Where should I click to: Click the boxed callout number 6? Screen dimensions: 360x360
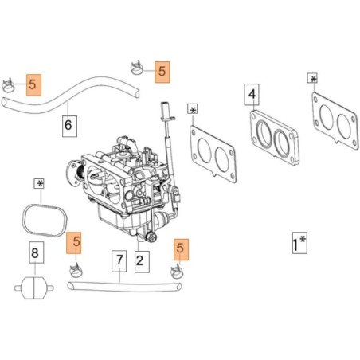(x=69, y=126)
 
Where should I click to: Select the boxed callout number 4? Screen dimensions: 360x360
(x=252, y=95)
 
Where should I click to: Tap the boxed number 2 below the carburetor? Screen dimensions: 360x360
(x=142, y=262)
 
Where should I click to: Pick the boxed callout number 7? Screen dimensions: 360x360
(x=119, y=261)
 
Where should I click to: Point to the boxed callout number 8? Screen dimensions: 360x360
(x=37, y=252)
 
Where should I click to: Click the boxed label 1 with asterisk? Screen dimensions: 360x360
(x=299, y=243)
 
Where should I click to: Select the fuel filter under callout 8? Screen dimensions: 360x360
(x=34, y=288)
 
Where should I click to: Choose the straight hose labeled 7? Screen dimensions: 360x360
(x=125, y=288)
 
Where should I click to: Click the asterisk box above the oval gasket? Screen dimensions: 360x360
(x=39, y=184)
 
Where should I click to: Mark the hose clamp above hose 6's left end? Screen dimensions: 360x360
(x=8, y=85)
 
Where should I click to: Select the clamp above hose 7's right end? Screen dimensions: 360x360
(x=176, y=272)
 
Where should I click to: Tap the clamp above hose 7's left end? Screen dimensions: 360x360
(x=76, y=270)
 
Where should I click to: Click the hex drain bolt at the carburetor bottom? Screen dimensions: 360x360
(x=152, y=237)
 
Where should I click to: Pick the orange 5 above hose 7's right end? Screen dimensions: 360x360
(x=182, y=249)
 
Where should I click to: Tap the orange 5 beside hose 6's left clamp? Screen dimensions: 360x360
(x=33, y=84)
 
